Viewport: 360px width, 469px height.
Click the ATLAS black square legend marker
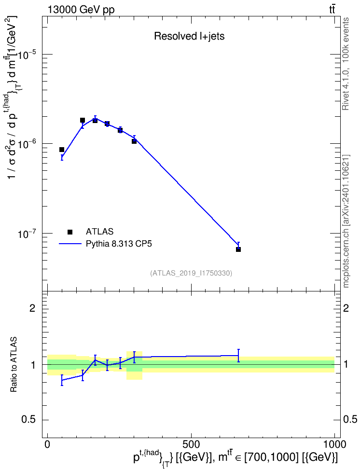[70, 232]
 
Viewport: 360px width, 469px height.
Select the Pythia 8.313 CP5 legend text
[119, 244]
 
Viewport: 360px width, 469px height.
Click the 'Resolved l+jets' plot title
[189, 36]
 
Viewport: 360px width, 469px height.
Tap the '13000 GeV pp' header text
[81, 10]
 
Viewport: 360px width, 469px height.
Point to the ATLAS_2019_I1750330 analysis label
[191, 273]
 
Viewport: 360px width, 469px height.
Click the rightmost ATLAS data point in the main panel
[238, 249]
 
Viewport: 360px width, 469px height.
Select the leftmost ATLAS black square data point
[62, 150]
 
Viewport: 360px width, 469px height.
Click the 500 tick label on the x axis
[191, 444]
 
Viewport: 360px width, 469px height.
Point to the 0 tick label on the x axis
[47, 444]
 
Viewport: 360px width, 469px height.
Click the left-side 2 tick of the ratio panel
[32, 308]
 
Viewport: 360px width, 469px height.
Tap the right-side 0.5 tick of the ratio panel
[350, 420]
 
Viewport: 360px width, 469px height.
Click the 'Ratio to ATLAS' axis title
[14, 365]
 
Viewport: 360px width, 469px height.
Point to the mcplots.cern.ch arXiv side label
[346, 221]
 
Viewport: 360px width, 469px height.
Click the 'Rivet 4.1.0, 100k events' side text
[346, 64]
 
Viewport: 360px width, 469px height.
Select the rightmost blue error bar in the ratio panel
[238, 356]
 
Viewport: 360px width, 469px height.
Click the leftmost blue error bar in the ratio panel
[62, 380]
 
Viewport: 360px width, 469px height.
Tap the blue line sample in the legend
[70, 244]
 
